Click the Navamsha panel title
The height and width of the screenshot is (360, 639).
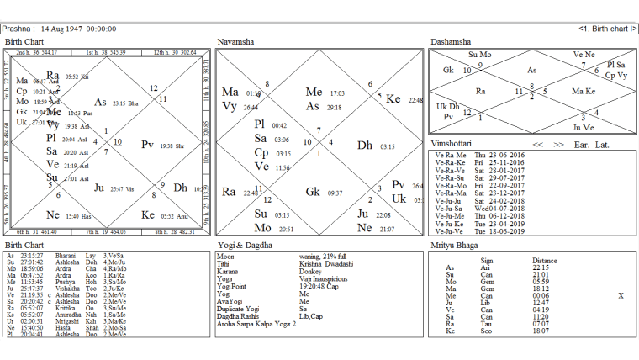(x=237, y=41)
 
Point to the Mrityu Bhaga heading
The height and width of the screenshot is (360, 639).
(x=452, y=246)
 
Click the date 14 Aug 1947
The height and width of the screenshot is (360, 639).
(x=66, y=29)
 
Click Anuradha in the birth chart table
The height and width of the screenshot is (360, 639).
(x=67, y=314)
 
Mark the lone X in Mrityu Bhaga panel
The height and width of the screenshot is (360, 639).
(x=621, y=296)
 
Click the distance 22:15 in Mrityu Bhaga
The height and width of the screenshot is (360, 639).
(x=541, y=267)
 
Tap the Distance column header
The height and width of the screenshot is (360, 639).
(x=546, y=261)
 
